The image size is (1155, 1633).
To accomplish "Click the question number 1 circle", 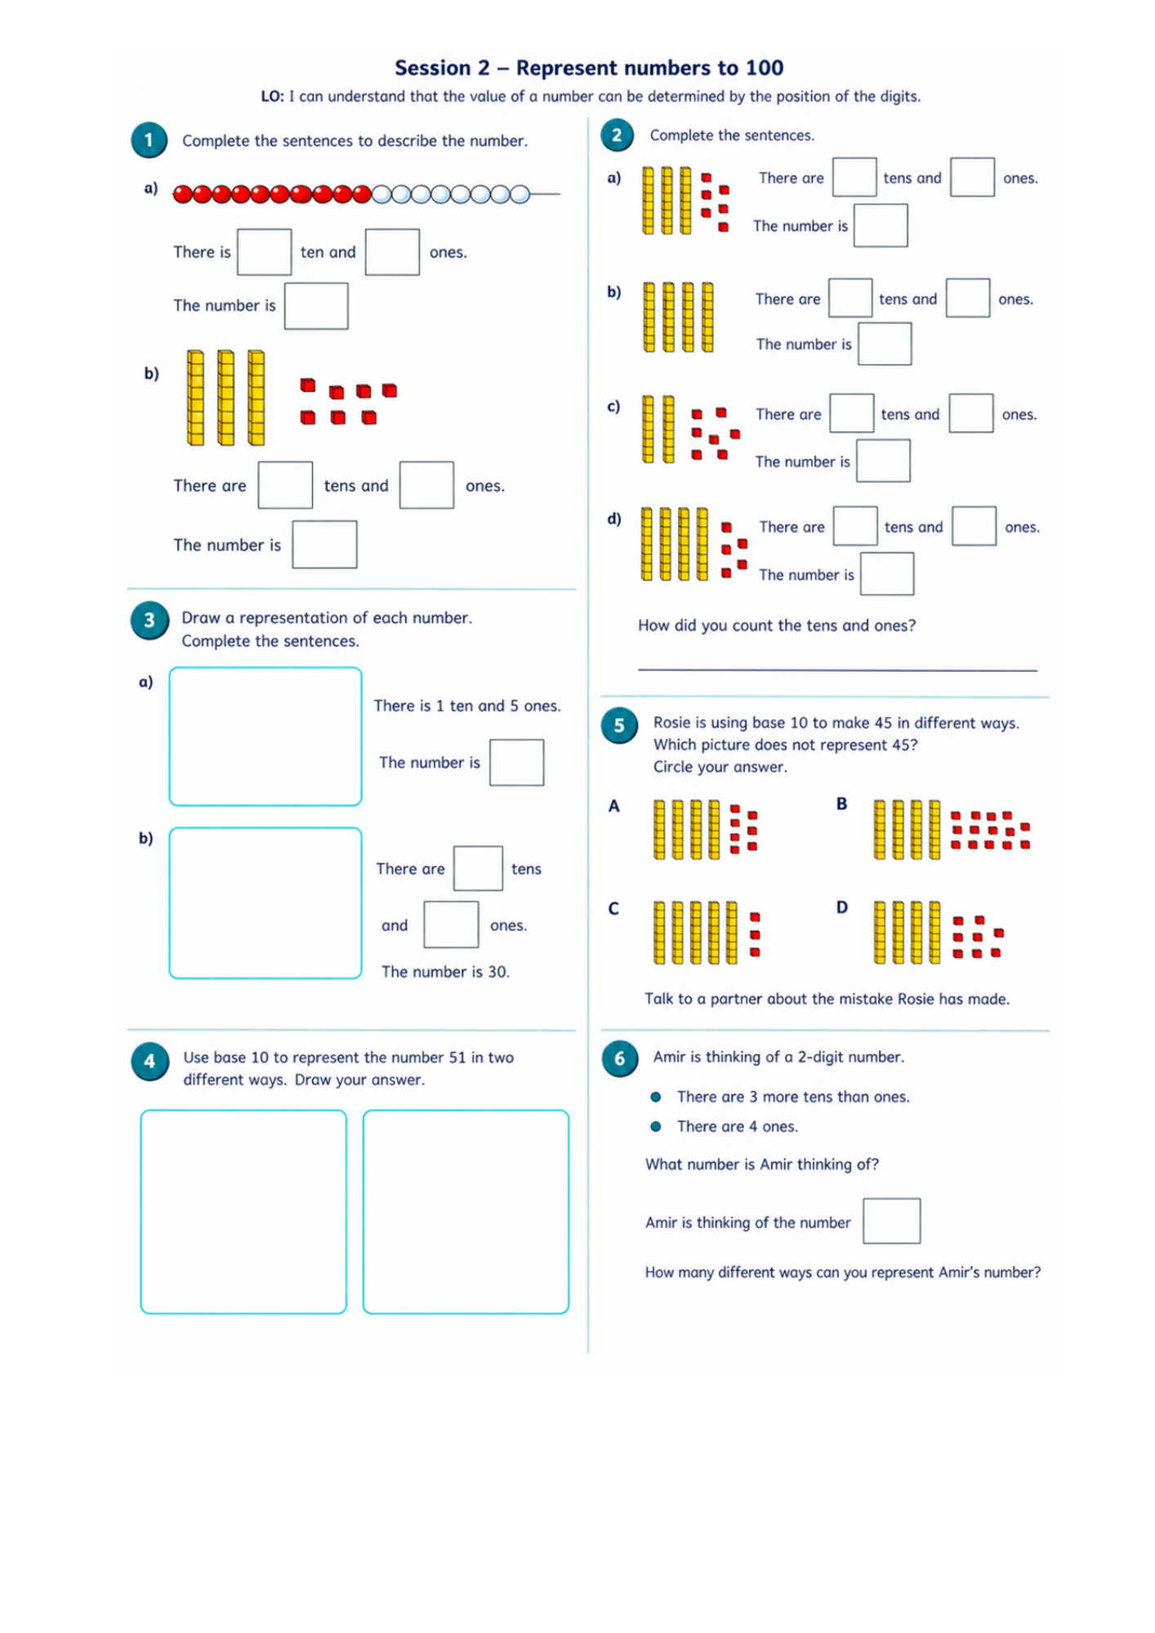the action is tap(149, 140).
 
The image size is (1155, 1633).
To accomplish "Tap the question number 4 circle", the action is tap(149, 1061).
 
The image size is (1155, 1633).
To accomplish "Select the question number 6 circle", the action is tap(619, 1059).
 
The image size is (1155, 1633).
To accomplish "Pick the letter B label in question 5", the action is tap(841, 804).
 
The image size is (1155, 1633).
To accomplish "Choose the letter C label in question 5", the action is tap(613, 909).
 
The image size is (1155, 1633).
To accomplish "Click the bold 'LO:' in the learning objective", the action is tap(272, 96).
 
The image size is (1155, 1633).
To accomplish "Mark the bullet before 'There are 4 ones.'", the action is tap(655, 1127).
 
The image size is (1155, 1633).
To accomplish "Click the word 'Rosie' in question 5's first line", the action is tap(672, 723).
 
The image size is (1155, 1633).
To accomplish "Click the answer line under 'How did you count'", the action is tap(837, 670).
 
